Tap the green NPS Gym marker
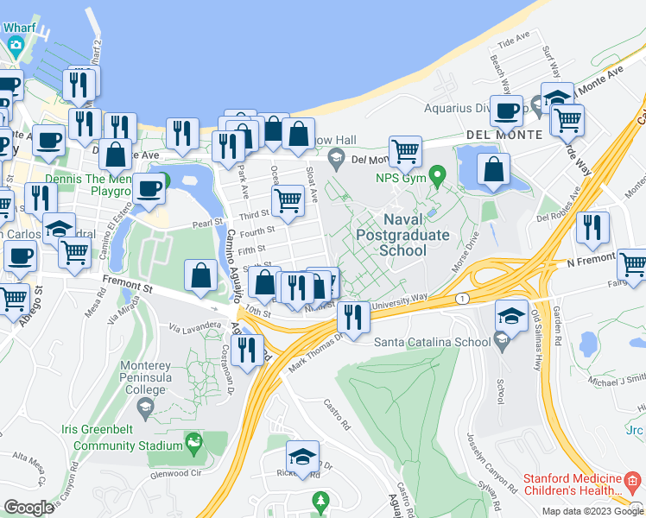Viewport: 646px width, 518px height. click(437, 179)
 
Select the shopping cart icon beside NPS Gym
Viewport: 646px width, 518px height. click(404, 152)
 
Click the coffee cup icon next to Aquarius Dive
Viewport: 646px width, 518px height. click(505, 111)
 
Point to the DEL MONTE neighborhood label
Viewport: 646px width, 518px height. click(503, 135)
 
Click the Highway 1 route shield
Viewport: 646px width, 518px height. click(462, 297)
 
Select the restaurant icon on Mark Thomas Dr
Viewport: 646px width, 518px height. click(352, 316)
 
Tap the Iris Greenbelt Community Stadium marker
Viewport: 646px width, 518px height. click(195, 445)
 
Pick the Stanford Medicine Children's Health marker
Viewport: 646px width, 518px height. click(632, 479)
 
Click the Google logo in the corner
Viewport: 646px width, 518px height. click(28, 507)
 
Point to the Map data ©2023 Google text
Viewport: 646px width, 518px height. click(592, 511)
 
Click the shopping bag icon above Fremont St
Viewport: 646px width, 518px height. click(200, 276)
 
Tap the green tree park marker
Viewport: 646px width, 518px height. click(320, 500)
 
